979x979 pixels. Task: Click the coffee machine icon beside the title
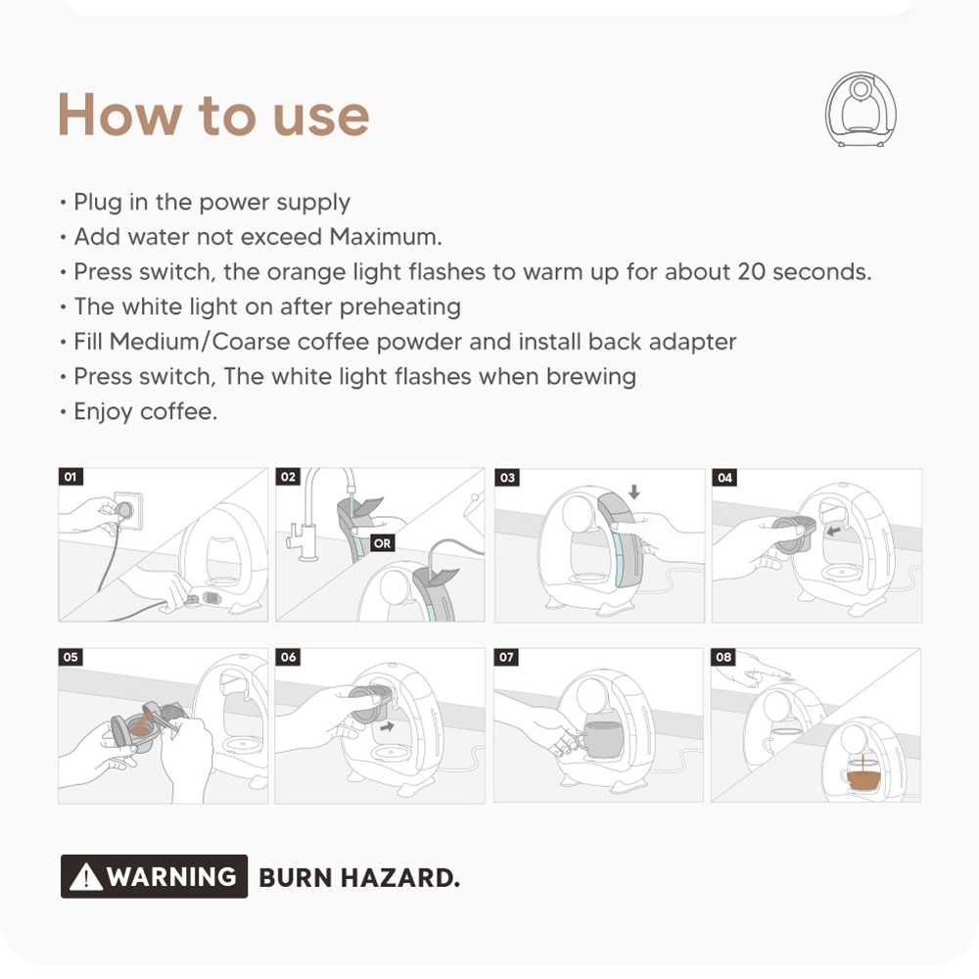(861, 110)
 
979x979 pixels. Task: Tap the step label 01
(70, 477)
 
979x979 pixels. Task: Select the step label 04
(724, 478)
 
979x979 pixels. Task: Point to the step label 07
(506, 657)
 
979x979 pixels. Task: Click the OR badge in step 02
(382, 543)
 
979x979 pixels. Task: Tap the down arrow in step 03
(634, 491)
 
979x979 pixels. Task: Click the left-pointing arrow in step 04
(833, 532)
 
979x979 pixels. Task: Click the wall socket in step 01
(127, 510)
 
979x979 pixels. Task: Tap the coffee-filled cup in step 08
(864, 778)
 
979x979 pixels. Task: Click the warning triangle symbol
(86, 876)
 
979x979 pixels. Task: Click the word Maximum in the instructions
(385, 237)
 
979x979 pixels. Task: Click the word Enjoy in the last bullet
(103, 412)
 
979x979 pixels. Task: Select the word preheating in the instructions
(400, 307)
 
